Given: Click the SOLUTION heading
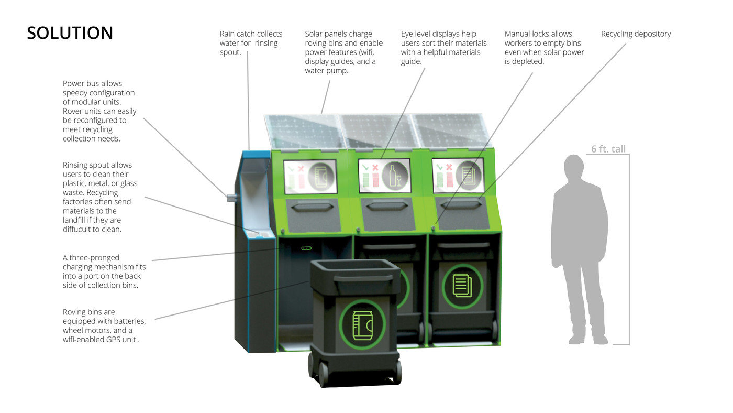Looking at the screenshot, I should pos(70,33).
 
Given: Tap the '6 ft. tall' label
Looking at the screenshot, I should pos(608,149).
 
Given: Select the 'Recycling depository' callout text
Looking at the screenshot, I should pos(636,34).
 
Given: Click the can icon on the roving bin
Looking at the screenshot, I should pos(362,325).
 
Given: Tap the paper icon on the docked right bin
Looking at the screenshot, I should pos(462,286).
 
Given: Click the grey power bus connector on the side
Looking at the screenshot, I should pos(231,198).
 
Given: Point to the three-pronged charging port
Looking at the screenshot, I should pos(306,247).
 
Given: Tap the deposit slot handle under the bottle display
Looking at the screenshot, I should pos(386,207).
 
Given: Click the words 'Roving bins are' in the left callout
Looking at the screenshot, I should pos(88,312).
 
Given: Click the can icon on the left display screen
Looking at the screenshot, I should pos(320,176).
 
